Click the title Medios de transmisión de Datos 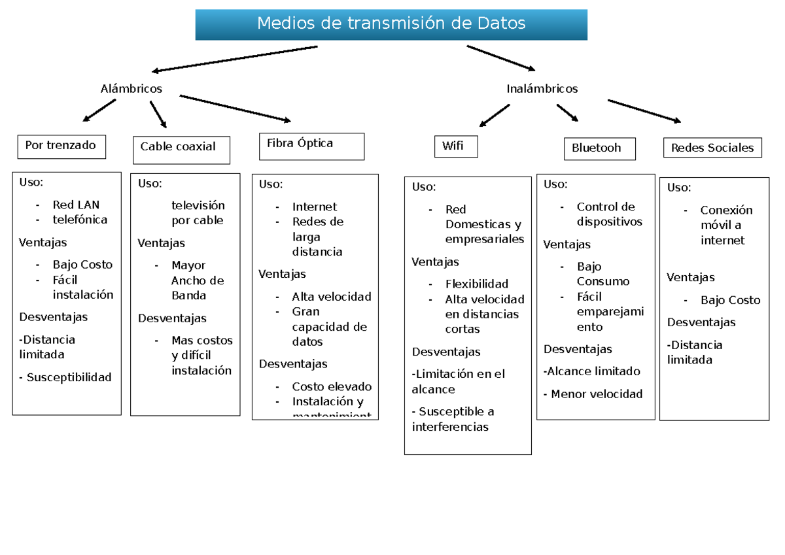click(x=391, y=24)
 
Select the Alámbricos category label click(x=131, y=89)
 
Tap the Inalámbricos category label click(x=542, y=89)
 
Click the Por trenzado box click(x=61, y=146)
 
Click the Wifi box click(x=455, y=146)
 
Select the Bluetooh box click(x=600, y=148)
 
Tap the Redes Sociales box click(x=712, y=148)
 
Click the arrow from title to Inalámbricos click(x=500, y=58)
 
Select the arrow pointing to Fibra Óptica click(x=235, y=108)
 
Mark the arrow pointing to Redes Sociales click(x=644, y=110)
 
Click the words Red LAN click(x=76, y=205)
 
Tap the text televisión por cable click(x=198, y=212)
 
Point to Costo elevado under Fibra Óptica click(x=332, y=386)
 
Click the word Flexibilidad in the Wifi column click(x=476, y=284)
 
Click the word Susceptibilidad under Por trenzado click(x=69, y=377)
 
